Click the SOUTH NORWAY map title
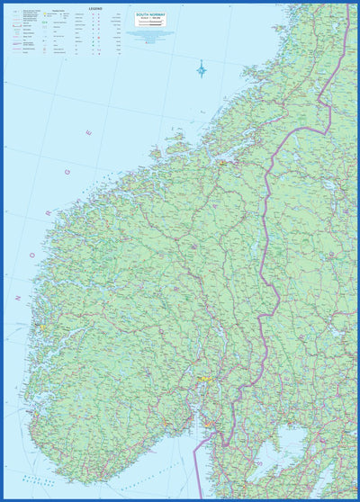[149, 15]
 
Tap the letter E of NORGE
[88, 132]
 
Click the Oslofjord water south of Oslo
[209, 405]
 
